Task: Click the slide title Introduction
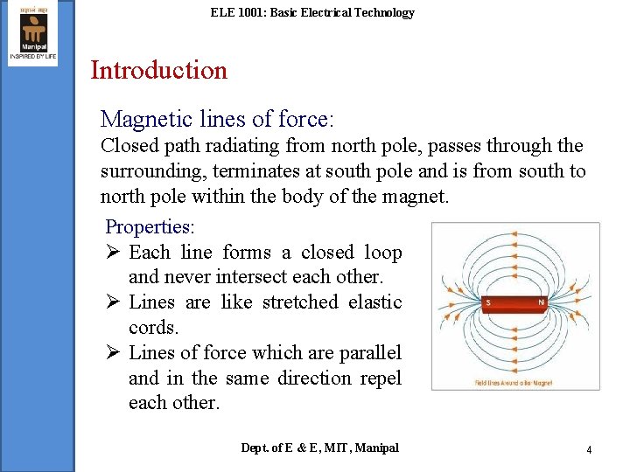click(x=158, y=70)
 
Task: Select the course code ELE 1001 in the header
click(x=237, y=12)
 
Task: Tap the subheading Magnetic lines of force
click(x=218, y=118)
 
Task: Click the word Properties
click(x=150, y=227)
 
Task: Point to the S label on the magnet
click(x=486, y=302)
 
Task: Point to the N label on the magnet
click(x=542, y=302)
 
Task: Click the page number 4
click(x=589, y=449)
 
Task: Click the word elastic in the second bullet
click(x=375, y=302)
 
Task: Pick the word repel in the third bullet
click(x=381, y=378)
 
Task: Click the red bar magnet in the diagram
click(x=514, y=303)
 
